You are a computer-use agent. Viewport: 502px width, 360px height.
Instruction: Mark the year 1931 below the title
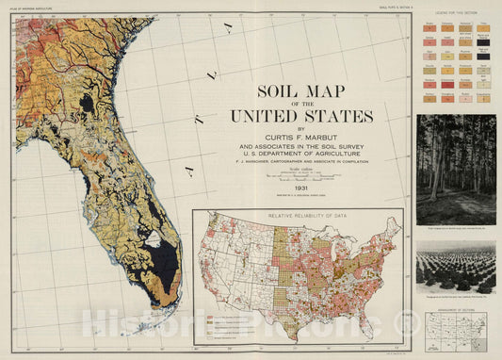click(x=301, y=187)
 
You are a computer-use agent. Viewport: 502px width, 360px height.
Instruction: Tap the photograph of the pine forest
click(x=456, y=169)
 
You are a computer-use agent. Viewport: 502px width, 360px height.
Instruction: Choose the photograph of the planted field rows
click(x=456, y=268)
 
